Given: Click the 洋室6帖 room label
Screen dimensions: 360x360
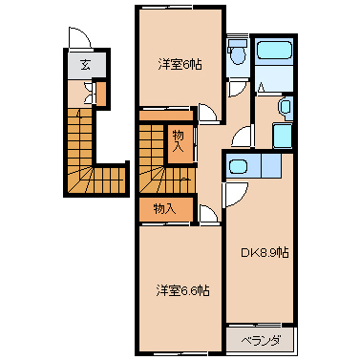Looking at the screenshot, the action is pyautogui.click(x=180, y=65).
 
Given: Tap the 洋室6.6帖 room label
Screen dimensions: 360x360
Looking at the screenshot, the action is pyautogui.click(x=182, y=290).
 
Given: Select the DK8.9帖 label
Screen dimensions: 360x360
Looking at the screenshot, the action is pyautogui.click(x=265, y=253).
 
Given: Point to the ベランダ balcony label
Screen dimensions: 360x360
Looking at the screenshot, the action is pyautogui.click(x=261, y=341).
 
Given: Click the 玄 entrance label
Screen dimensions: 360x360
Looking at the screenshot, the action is pyautogui.click(x=85, y=65).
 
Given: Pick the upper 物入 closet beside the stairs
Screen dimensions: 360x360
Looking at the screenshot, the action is pyautogui.click(x=178, y=141).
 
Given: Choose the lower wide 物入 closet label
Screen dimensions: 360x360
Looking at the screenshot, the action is pyautogui.click(x=164, y=209).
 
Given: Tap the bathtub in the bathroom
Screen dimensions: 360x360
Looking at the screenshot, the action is pyautogui.click(x=274, y=50).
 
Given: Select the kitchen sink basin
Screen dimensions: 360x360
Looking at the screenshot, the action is pyautogui.click(x=239, y=166).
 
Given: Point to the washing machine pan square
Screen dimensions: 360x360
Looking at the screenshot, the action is pyautogui.click(x=283, y=136).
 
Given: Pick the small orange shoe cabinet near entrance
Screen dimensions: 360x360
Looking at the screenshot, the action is pyautogui.click(x=101, y=94).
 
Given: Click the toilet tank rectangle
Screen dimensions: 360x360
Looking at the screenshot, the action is pyautogui.click(x=238, y=43).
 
